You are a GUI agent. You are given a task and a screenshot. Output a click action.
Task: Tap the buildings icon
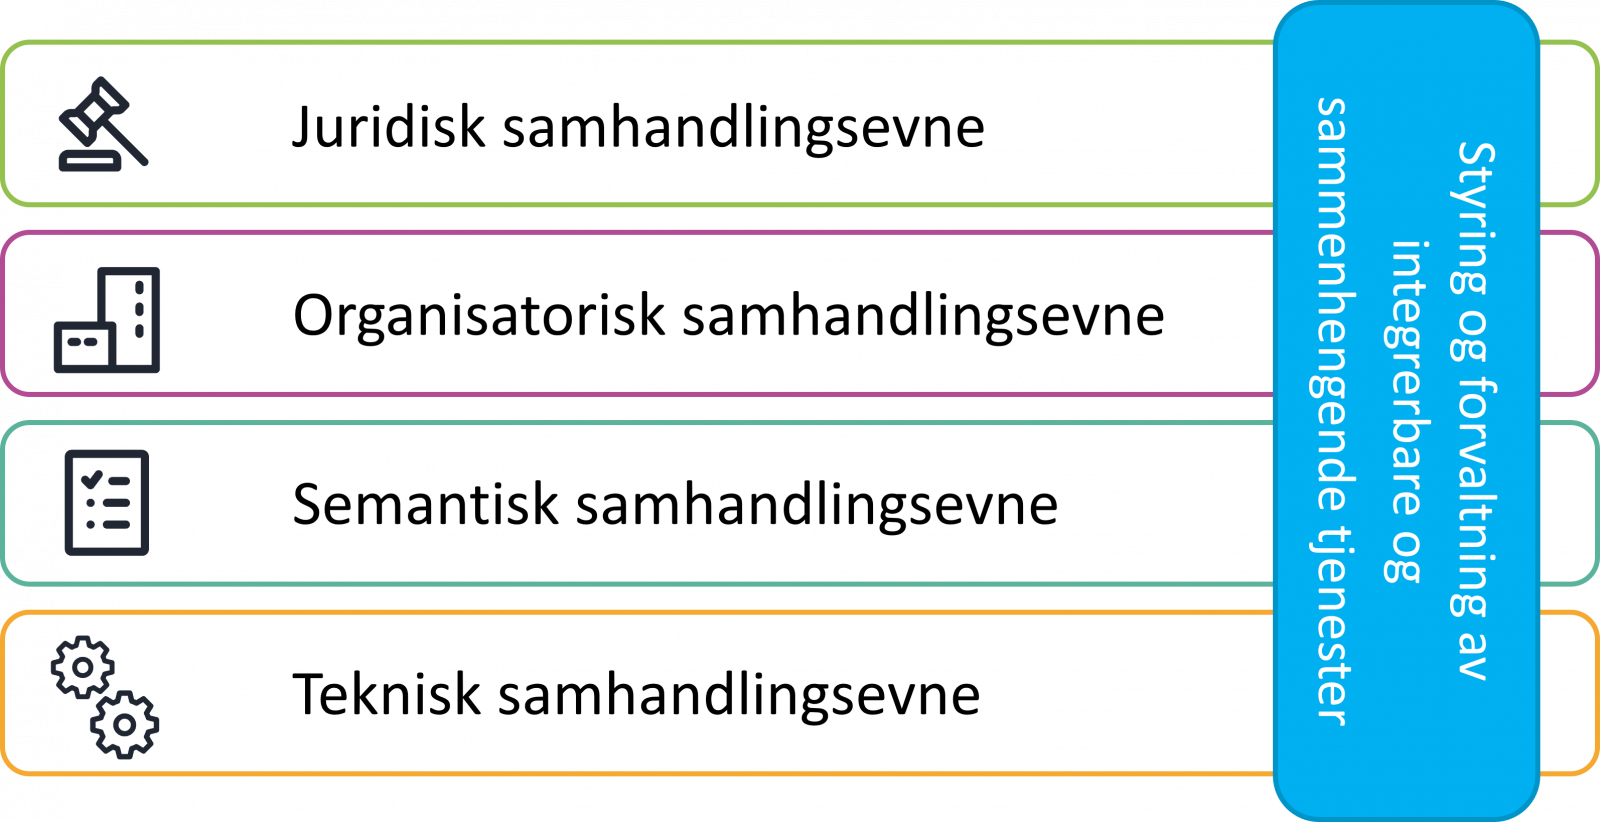point(107,320)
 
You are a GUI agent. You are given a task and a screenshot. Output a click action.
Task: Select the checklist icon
point(107,503)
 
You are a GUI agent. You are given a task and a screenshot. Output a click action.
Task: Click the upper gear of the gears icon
point(83,667)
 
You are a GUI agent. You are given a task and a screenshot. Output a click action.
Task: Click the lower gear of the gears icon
point(124,725)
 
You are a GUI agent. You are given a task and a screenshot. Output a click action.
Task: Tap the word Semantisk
point(425,504)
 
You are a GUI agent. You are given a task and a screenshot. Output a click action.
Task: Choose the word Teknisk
point(386,693)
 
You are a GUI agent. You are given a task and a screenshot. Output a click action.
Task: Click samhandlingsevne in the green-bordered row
point(744,129)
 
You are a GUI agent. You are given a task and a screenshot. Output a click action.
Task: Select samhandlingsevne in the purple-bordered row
point(924,316)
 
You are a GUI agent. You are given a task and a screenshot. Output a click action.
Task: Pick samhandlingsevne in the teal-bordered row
point(817,504)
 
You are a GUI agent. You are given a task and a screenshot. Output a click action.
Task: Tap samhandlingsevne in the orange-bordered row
point(739,693)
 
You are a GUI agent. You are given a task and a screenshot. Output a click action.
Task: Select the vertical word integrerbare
point(1406,374)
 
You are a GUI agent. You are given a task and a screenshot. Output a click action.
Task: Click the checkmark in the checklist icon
point(92,480)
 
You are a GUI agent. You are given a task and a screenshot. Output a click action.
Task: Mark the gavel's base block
point(90,162)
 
